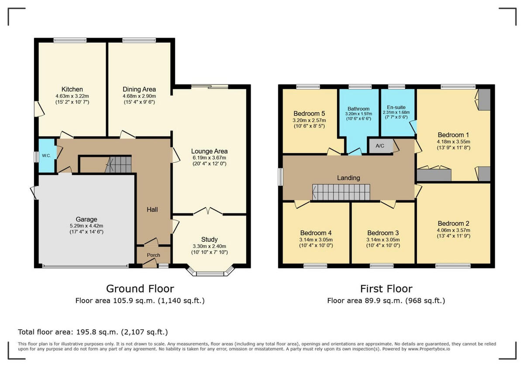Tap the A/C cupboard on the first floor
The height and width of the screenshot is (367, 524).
[x=379, y=146]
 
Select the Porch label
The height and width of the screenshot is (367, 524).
[x=153, y=255]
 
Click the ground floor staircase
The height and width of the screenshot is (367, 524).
[x=118, y=164]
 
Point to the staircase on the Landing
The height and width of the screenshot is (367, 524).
[x=341, y=192]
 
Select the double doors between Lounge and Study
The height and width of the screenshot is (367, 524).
[x=208, y=212]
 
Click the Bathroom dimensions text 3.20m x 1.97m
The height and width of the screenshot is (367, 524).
[x=359, y=114]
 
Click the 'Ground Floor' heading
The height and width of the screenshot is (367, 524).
[x=140, y=289]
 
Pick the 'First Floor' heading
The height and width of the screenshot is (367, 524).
[x=386, y=289]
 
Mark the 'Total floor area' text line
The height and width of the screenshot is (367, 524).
[x=93, y=332]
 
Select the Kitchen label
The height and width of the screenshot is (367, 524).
[x=72, y=89]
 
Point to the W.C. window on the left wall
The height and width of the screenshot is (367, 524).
[x=36, y=157]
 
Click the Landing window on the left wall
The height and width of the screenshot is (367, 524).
[x=280, y=177]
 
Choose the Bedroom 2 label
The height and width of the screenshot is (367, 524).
[x=454, y=223]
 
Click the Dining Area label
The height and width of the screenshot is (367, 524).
[x=139, y=89]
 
